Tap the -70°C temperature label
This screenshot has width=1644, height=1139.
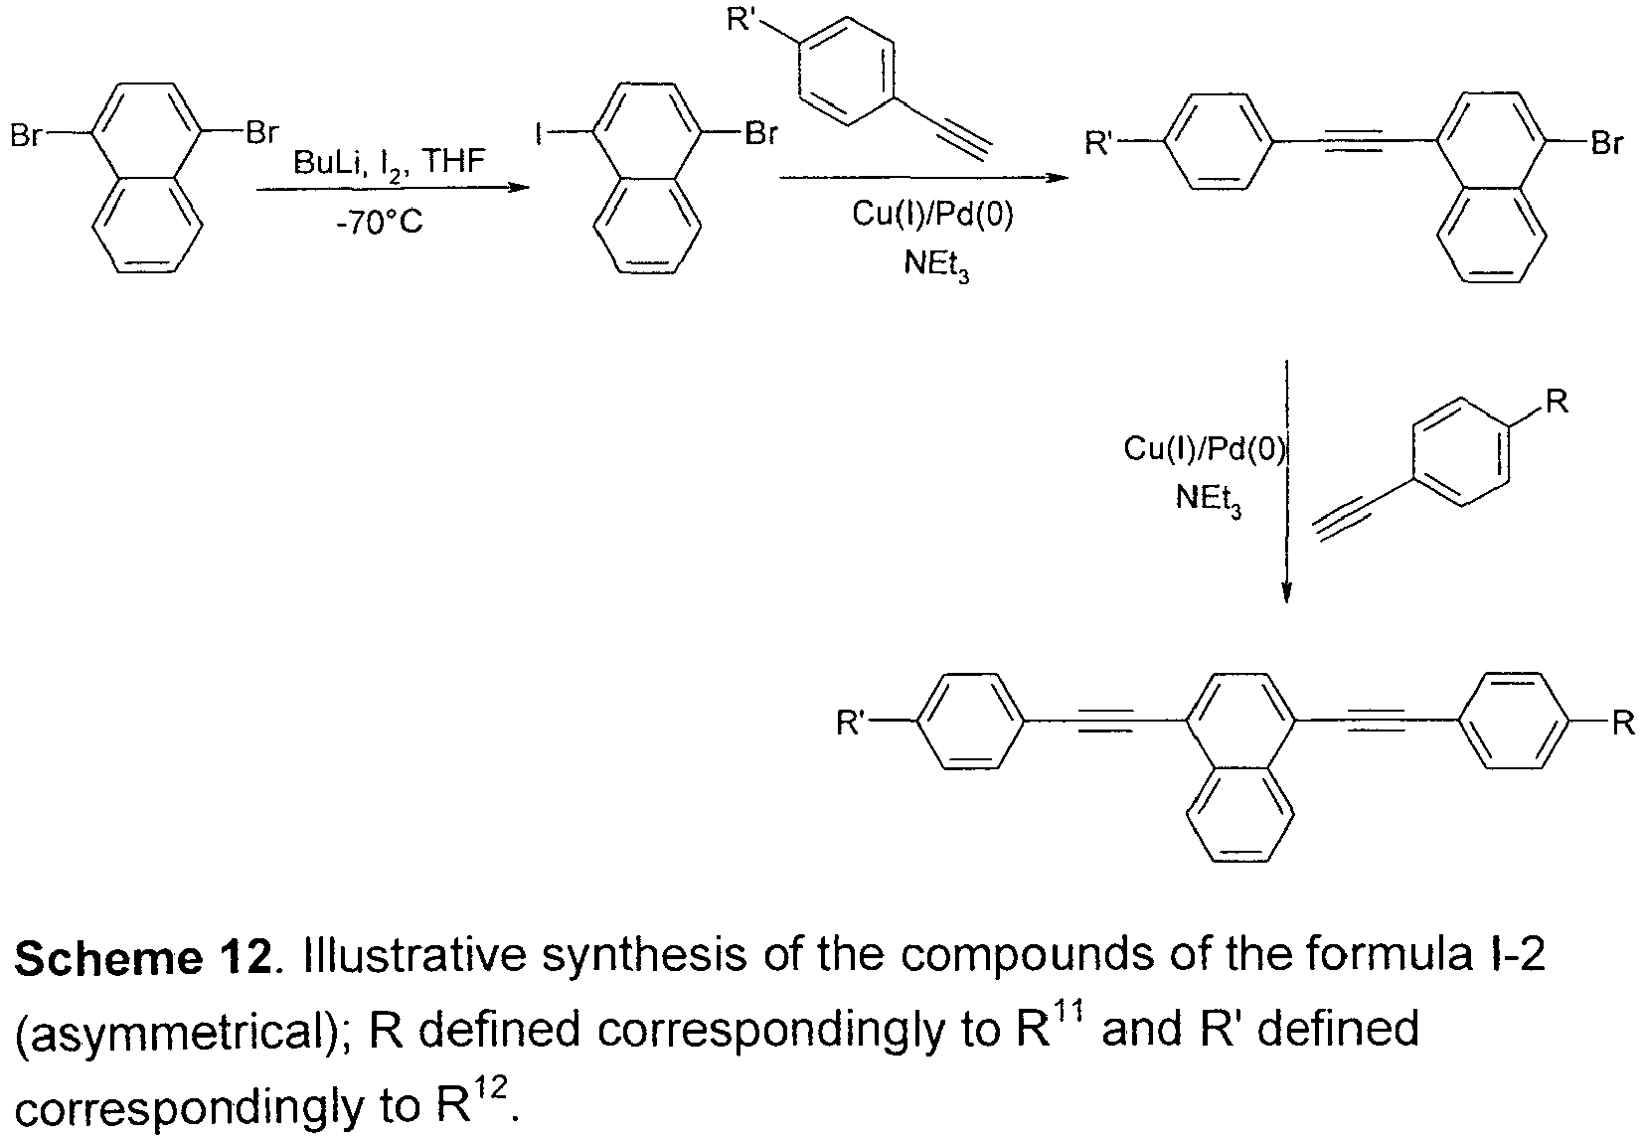point(380,222)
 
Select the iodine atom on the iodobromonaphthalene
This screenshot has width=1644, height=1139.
point(540,134)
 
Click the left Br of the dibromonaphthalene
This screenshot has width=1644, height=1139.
point(26,136)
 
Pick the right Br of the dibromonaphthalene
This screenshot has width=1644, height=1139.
point(262,133)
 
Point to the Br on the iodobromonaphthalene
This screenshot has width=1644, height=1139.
point(761,134)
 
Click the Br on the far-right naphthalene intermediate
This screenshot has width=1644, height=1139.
point(1606,143)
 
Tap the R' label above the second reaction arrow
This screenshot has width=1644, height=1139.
point(741,18)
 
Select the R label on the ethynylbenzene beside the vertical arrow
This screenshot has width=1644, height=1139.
point(1557,402)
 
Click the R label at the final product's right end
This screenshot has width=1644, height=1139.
point(1623,724)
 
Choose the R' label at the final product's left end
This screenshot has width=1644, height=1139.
point(852,723)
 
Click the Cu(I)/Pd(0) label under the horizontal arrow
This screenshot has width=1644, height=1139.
point(932,215)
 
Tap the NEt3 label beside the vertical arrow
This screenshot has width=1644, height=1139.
point(1208,499)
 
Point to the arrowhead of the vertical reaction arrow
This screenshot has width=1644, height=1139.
point(1286,594)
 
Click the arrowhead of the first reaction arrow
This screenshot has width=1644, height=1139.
point(520,187)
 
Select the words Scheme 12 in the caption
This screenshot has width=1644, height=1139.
point(143,957)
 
